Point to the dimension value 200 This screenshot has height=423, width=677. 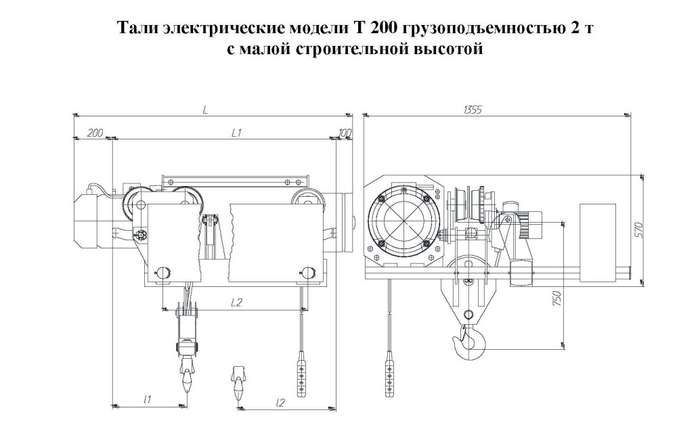pyautogui.click(x=95, y=133)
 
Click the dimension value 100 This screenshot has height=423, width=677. pyautogui.click(x=345, y=133)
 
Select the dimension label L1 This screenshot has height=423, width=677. pyautogui.click(x=236, y=133)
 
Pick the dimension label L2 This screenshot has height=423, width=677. pyautogui.click(x=236, y=303)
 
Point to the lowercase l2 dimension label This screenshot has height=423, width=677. pyautogui.click(x=279, y=401)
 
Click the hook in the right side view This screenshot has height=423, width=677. pyautogui.click(x=471, y=338)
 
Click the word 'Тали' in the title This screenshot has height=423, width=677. pyautogui.click(x=139, y=29)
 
